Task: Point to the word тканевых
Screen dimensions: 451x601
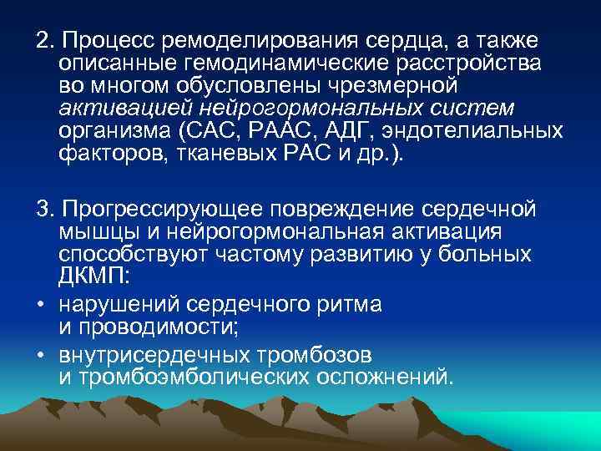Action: coord(208,153)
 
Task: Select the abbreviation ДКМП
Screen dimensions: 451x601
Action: coord(89,275)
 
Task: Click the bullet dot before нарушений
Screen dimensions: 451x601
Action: coord(40,305)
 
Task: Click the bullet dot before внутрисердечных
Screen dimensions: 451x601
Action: coord(40,356)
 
